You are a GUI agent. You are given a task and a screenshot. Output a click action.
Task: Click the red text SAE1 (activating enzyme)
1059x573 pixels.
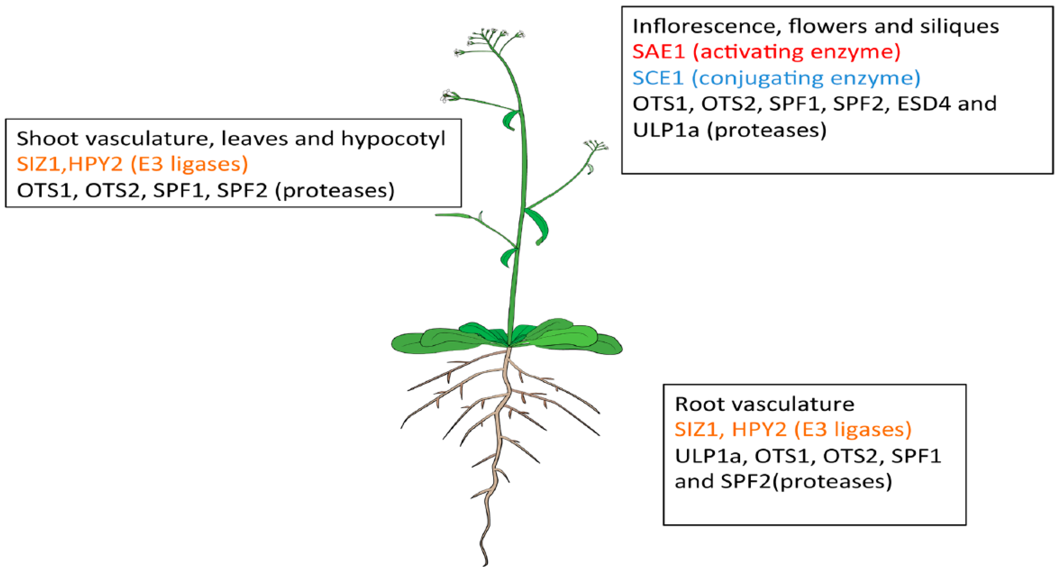(x=766, y=52)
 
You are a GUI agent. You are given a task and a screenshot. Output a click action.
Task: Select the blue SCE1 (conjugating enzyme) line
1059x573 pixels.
(x=776, y=78)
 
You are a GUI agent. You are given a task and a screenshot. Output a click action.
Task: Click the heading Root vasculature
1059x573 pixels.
(x=765, y=404)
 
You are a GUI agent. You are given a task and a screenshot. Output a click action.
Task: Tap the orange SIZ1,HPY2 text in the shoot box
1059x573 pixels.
(x=70, y=164)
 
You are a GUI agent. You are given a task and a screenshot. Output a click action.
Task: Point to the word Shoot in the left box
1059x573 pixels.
(x=47, y=139)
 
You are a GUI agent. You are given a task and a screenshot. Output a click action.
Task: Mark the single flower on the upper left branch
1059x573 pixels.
(x=448, y=97)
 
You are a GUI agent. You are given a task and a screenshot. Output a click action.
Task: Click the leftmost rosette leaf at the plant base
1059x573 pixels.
(x=411, y=344)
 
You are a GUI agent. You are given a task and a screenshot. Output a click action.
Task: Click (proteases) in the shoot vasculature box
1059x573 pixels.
(x=335, y=190)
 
